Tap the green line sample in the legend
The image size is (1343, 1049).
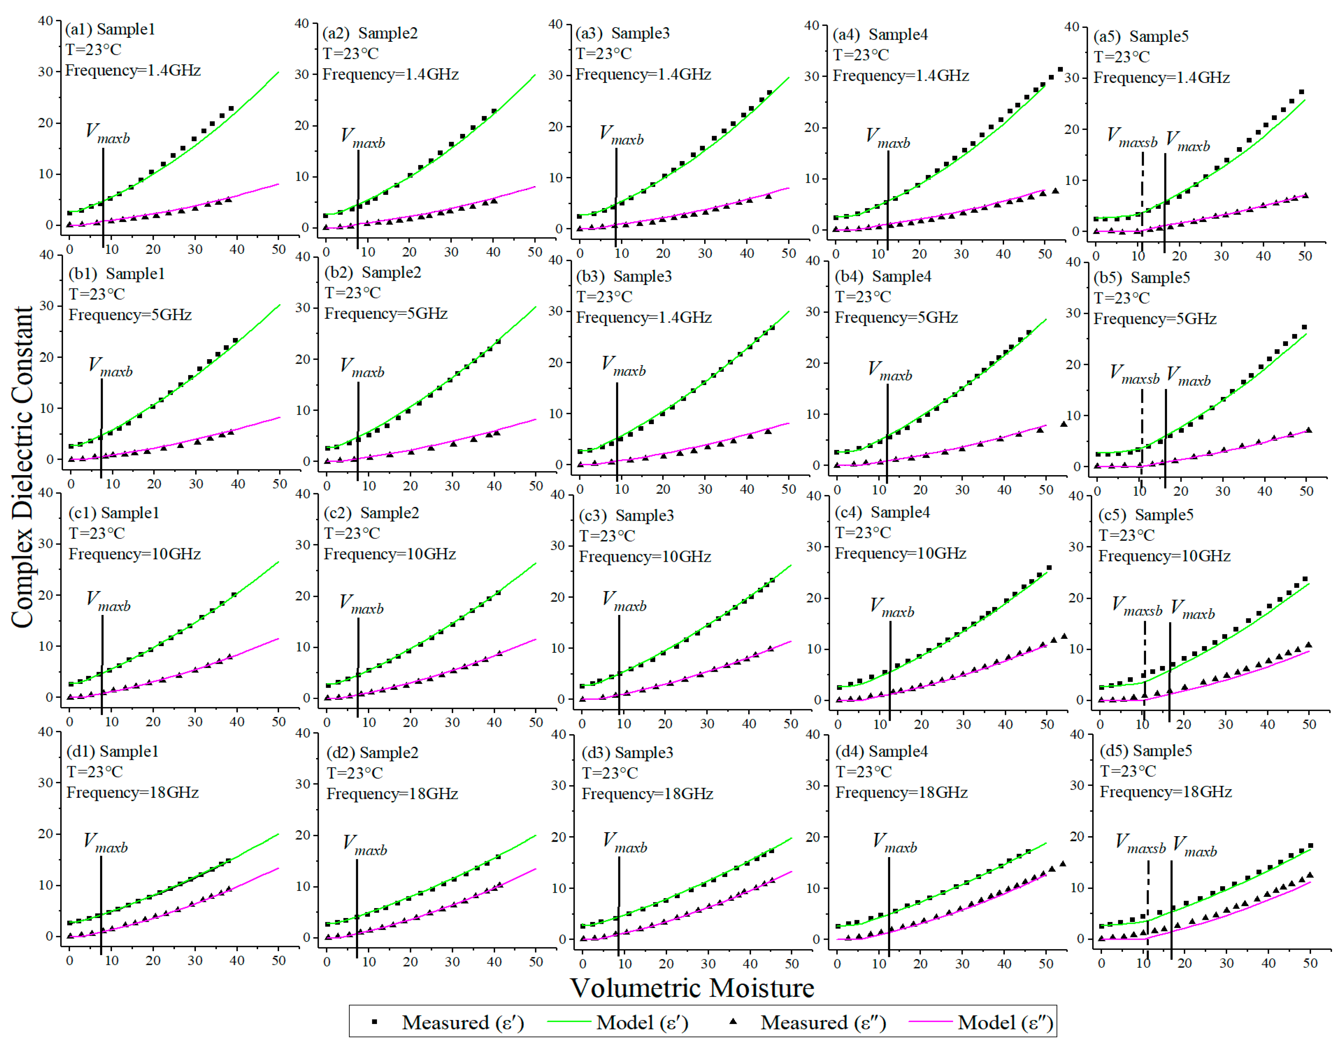tap(568, 1022)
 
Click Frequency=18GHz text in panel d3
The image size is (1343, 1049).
tap(647, 794)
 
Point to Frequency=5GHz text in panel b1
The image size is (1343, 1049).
tap(130, 315)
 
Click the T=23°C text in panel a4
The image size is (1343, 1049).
tap(861, 55)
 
